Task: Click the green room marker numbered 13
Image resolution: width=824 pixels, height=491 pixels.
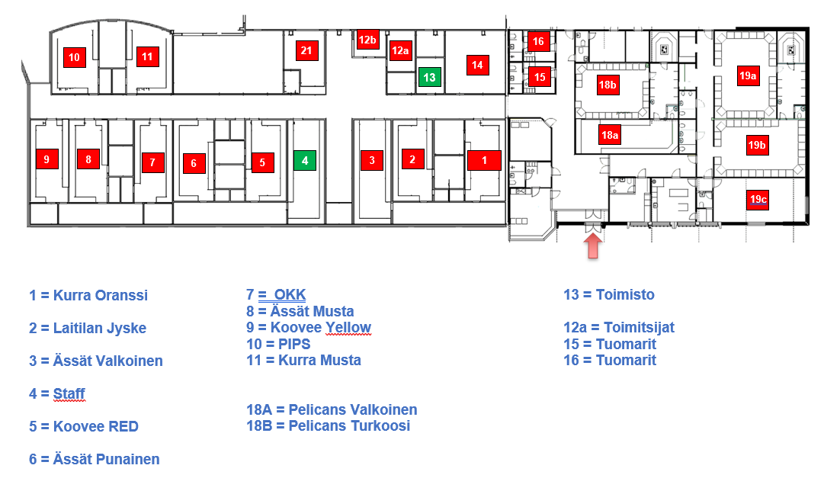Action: [x=429, y=77]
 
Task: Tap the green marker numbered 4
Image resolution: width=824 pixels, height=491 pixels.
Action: [x=305, y=161]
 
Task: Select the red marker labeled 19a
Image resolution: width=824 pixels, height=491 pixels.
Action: [x=748, y=75]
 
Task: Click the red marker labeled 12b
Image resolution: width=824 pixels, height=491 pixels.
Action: [x=367, y=40]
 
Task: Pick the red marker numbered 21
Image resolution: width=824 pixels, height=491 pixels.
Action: [x=306, y=51]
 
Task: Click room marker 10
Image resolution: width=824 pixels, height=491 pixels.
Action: [x=74, y=57]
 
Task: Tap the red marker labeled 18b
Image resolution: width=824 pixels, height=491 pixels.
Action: [x=608, y=85]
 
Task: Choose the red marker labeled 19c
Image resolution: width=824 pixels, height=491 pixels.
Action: [x=758, y=199]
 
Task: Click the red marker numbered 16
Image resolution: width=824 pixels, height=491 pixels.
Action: [x=538, y=41]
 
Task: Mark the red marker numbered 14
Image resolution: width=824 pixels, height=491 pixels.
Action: [x=477, y=65]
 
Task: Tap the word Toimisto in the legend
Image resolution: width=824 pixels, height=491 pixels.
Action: [x=625, y=295]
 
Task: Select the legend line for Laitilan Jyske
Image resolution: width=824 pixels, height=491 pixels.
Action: [x=88, y=329]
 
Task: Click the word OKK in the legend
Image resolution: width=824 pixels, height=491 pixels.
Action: [x=289, y=295]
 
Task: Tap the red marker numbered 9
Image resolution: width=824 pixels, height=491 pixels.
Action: [x=46, y=159]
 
